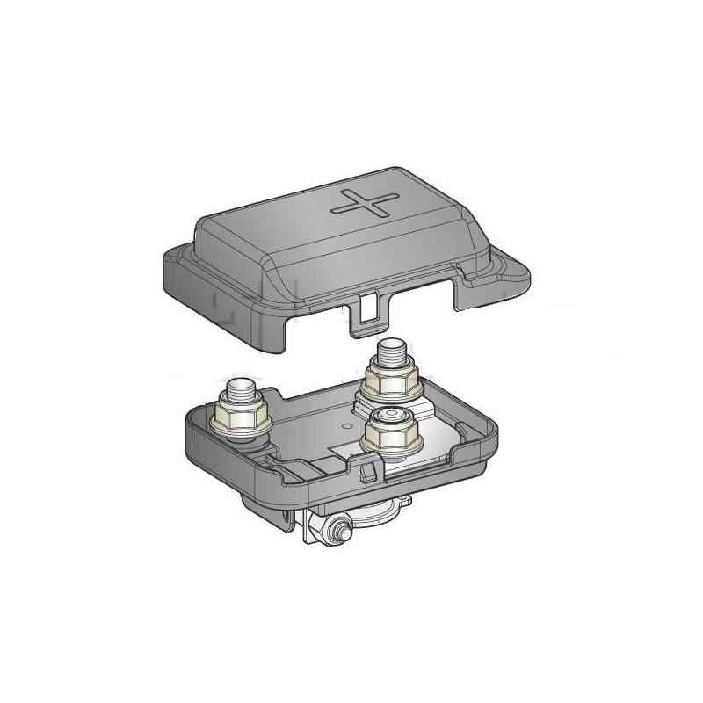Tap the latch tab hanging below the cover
pyautogui.click(x=366, y=315)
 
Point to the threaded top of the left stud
pyautogui.click(x=240, y=388)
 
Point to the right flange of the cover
pyautogui.click(x=501, y=272)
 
